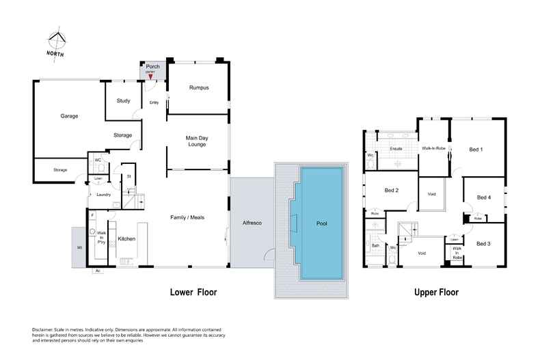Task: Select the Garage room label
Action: pos(69,116)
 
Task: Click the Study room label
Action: pos(123,101)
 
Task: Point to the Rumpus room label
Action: pos(198,88)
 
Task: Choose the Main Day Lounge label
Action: pos(197,141)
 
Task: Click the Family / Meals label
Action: pos(187,217)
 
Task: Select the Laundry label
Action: pos(104,195)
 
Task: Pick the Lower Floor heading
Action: pos(193,292)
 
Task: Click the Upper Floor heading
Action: pos(435,292)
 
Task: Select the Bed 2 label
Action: pos(391,190)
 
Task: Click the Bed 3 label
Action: pos(483,244)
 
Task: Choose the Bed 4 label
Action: pos(483,198)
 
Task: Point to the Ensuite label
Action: pos(396,148)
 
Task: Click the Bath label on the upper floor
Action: pos(375,244)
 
